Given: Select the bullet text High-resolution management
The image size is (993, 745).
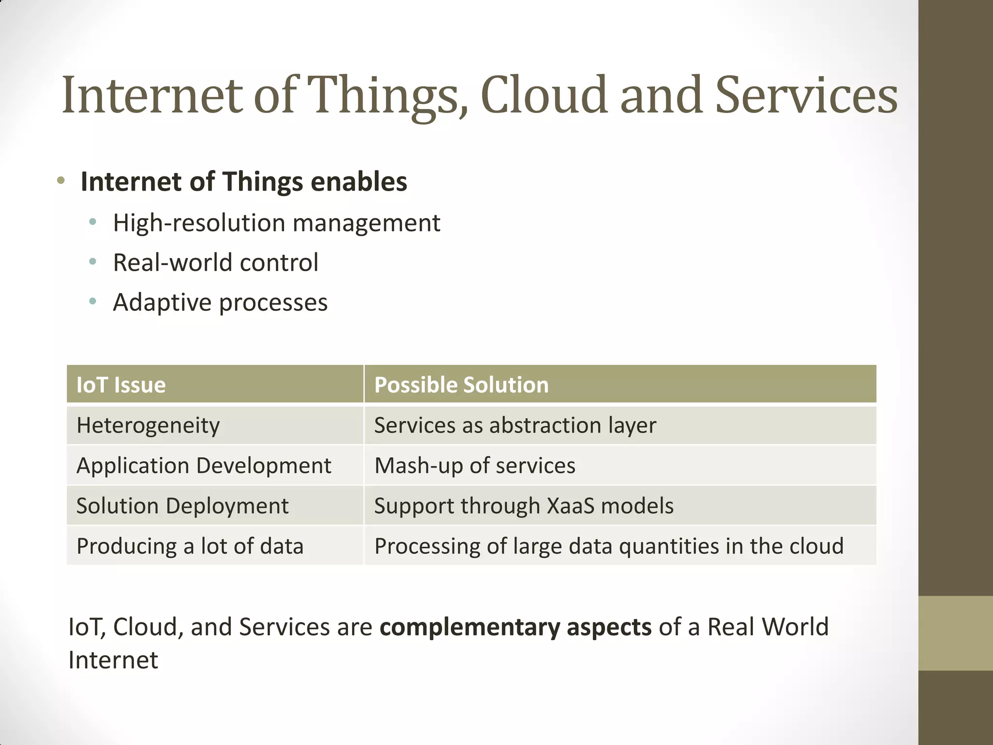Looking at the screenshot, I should (276, 223).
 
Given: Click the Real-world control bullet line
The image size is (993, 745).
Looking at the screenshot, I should (215, 262).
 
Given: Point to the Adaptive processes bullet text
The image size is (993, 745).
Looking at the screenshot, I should (220, 302).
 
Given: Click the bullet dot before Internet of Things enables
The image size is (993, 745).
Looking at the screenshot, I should (61, 181).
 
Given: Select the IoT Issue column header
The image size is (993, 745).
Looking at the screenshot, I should (121, 385).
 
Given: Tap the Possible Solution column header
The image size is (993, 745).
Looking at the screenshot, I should (461, 385).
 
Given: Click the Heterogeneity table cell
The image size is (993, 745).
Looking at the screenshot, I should (148, 425).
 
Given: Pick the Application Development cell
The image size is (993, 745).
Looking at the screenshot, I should (204, 466).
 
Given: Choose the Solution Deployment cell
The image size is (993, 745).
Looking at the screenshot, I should (182, 506).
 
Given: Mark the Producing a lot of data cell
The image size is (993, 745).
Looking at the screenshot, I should (190, 546).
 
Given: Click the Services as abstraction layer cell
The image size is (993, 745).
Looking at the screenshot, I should (515, 425).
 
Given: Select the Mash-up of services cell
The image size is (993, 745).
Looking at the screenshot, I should (475, 466).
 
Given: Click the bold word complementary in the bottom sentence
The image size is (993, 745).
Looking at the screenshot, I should (469, 627).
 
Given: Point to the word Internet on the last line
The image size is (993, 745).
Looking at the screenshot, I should (113, 660).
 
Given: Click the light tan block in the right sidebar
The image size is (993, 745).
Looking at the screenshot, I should (955, 633).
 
